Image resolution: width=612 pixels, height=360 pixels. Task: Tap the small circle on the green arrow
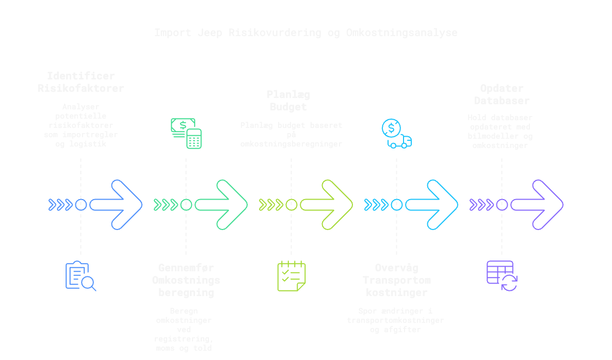186,205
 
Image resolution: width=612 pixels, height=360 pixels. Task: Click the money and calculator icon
186,133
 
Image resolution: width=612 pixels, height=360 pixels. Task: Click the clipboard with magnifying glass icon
80,276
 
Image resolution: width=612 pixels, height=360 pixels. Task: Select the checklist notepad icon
292,276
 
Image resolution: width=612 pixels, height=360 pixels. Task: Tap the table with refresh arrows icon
502,276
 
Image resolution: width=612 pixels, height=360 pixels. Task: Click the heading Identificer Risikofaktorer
81,83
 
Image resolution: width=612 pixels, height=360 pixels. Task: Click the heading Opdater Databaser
502,95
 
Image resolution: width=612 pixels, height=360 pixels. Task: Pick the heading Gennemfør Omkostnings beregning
186,280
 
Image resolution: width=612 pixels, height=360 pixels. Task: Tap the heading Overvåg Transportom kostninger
396,280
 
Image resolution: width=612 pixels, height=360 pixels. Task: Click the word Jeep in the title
210,33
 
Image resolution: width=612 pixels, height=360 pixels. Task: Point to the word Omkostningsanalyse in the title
401,33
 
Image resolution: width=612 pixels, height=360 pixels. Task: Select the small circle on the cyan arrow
396,205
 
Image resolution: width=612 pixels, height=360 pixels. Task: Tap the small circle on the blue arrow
81,205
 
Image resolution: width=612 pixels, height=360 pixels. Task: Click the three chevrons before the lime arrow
271,205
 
